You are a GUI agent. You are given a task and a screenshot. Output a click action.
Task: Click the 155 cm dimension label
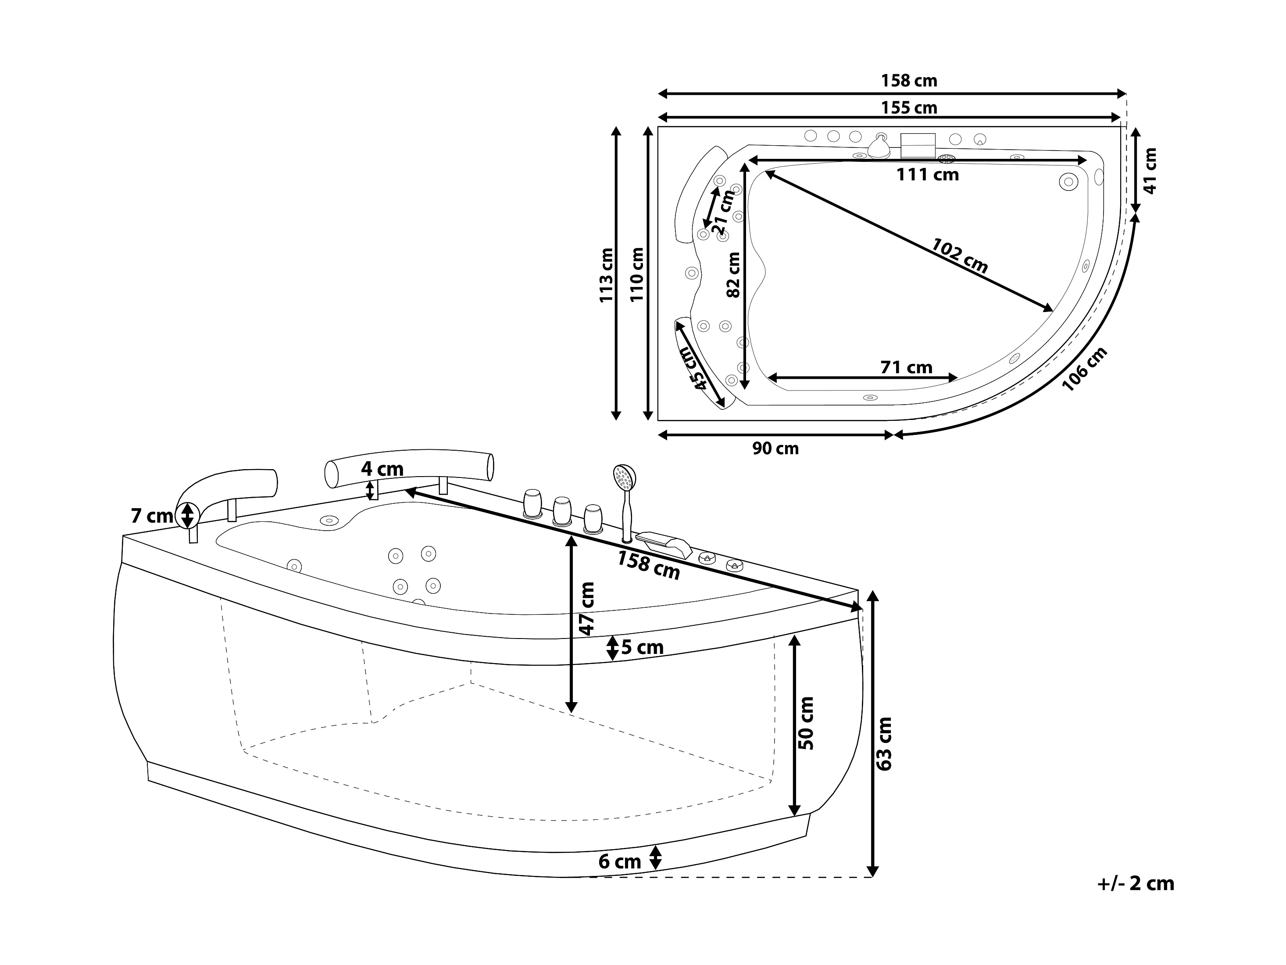pos(909,108)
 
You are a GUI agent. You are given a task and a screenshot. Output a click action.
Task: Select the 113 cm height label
pos(606,275)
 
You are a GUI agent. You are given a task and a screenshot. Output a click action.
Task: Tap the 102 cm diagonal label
pos(959,256)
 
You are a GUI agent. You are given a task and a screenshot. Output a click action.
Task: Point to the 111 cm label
pos(927,175)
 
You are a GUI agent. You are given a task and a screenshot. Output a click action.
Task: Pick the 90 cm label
pos(775,448)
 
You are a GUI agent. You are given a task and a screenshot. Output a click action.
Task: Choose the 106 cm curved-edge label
pos(1084,369)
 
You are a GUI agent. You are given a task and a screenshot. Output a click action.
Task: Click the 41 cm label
pos(1150,170)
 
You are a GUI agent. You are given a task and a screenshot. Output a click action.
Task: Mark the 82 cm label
pos(734,275)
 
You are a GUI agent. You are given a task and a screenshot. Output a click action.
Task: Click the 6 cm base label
pos(620,861)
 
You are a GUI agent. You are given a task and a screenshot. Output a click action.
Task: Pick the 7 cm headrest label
pos(152,515)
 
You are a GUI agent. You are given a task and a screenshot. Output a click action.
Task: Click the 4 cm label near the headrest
pos(382,469)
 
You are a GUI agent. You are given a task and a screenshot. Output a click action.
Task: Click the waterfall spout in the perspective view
pos(664,543)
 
